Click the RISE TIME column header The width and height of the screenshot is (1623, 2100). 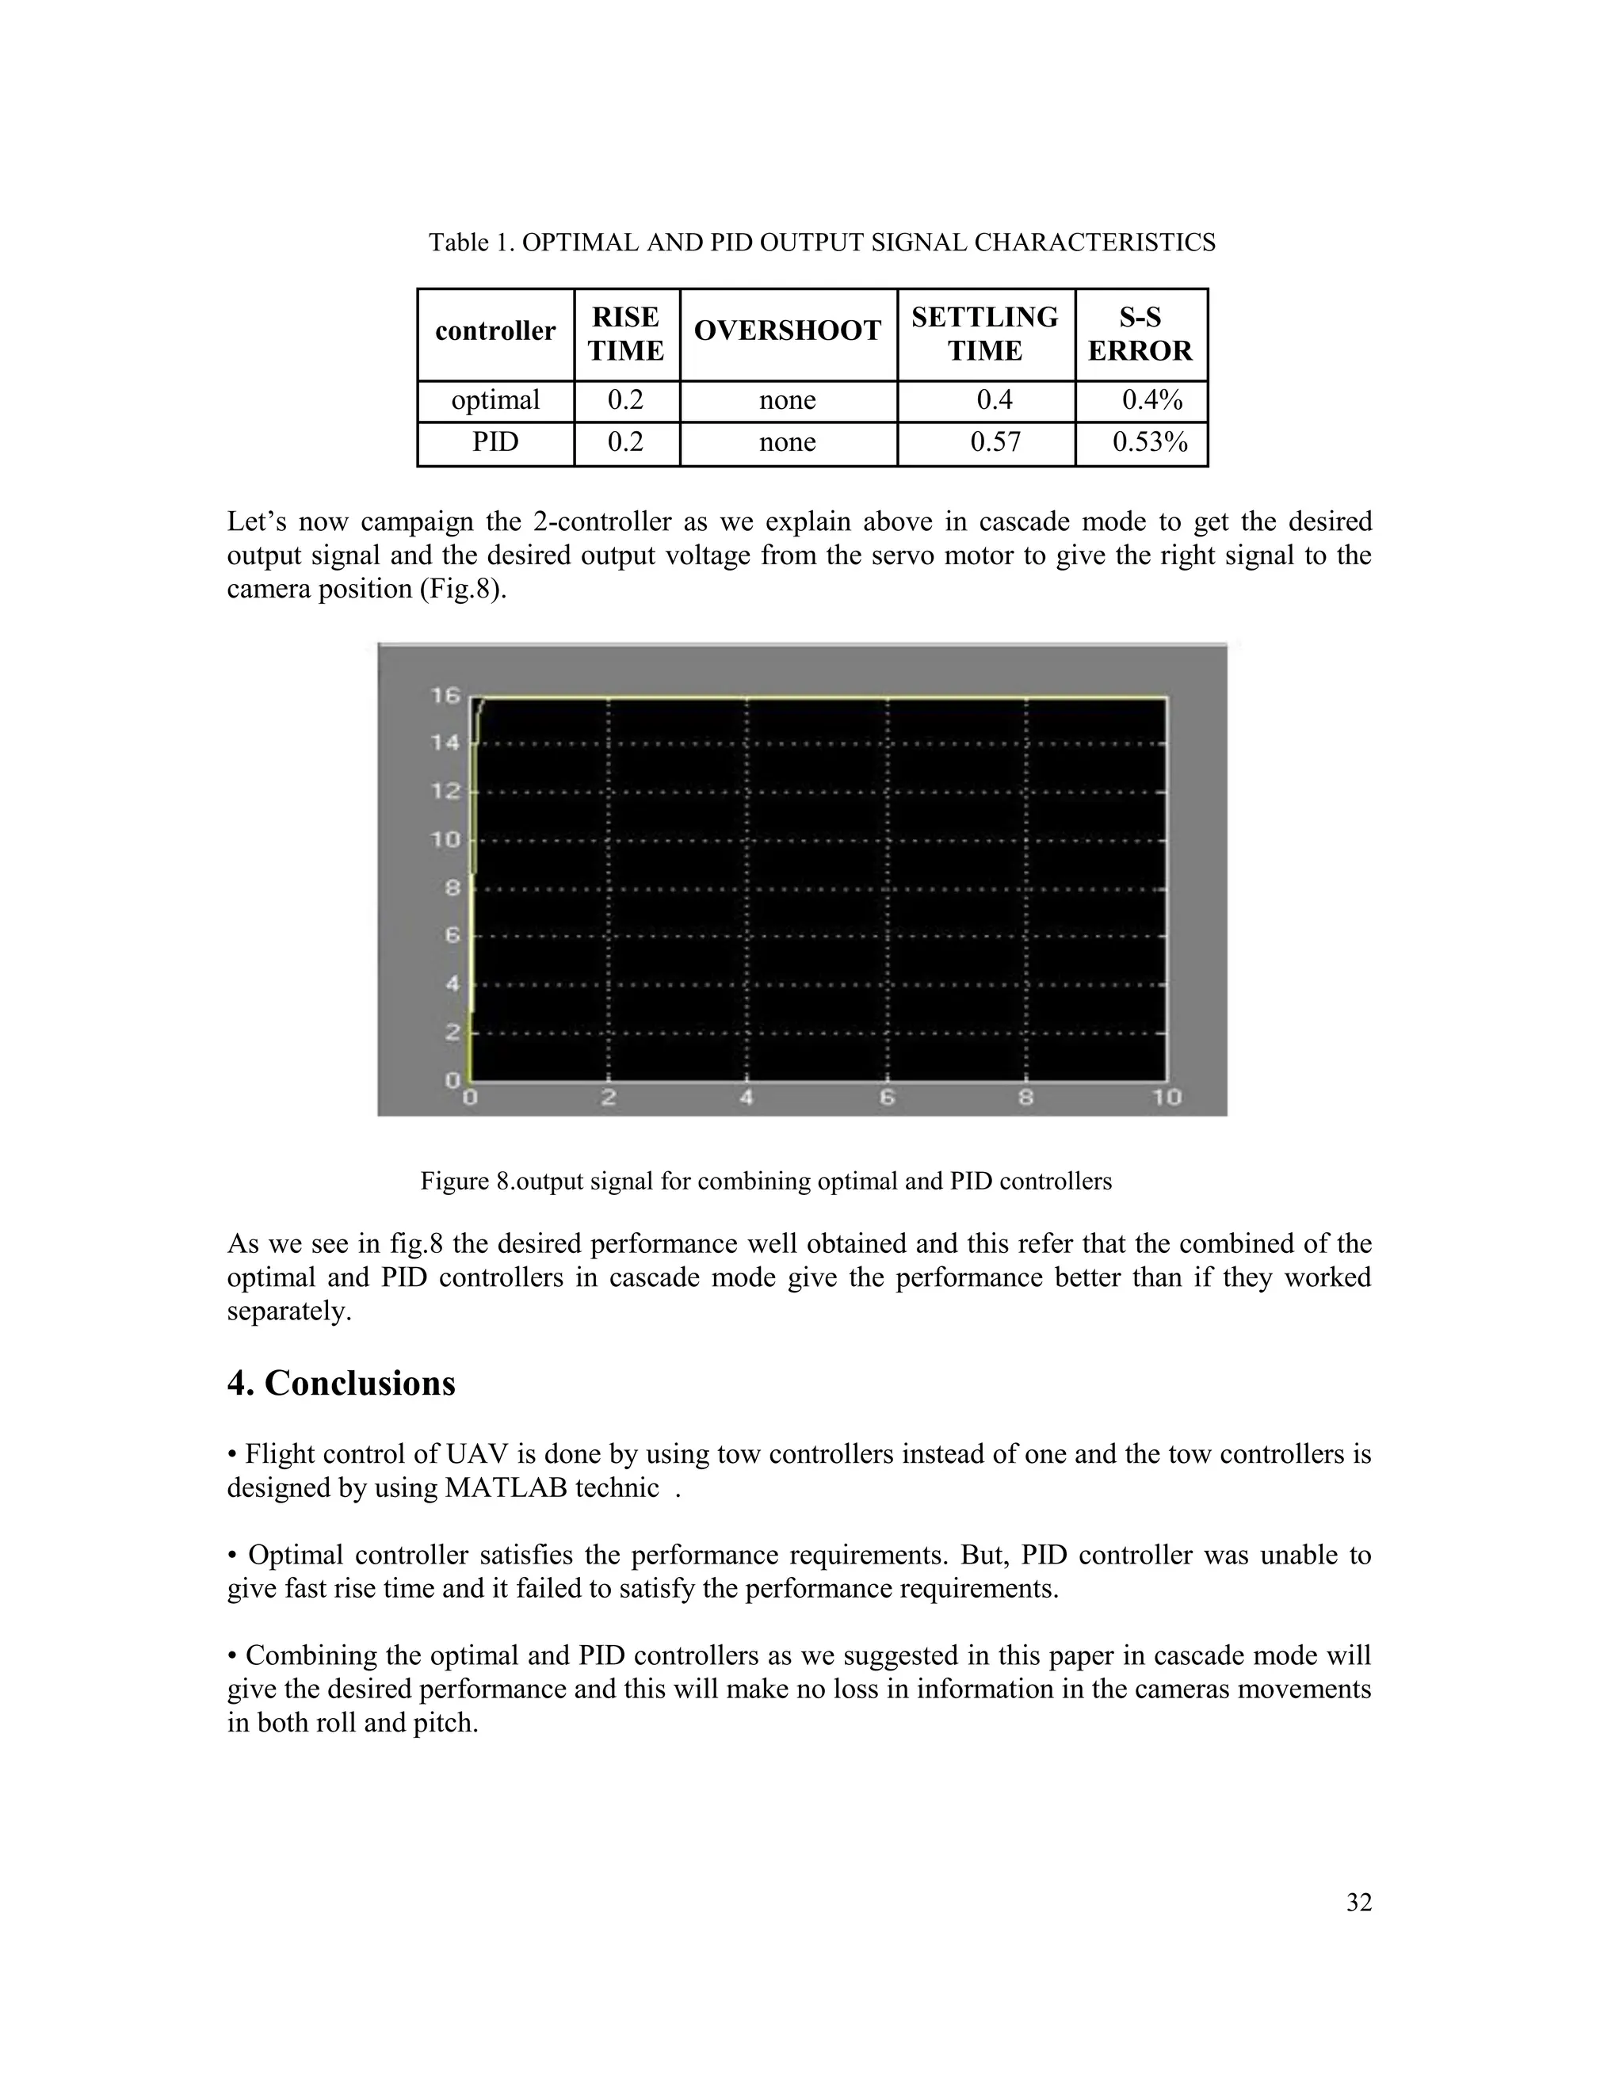pyautogui.click(x=626, y=334)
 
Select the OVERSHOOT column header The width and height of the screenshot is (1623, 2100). pyautogui.click(x=788, y=330)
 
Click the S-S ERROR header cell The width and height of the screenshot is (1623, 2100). pyautogui.click(x=1140, y=334)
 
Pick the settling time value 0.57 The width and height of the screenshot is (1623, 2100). pyautogui.click(x=995, y=442)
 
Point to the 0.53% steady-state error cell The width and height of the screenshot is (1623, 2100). pyautogui.click(x=1150, y=442)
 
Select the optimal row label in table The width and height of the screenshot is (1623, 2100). pyautogui.click(x=495, y=400)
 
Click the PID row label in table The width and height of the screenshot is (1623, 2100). pyautogui.click(x=495, y=442)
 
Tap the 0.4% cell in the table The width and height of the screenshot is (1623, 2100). pyautogui.click(x=1151, y=400)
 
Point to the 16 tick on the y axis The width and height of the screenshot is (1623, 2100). pyautogui.click(x=446, y=695)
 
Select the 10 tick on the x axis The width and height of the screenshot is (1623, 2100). pyautogui.click(x=1165, y=1097)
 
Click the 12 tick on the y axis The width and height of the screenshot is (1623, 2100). pyautogui.click(x=446, y=792)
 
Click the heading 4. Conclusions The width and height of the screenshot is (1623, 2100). pyautogui.click(x=342, y=1383)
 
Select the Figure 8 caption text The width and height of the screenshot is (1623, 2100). pyautogui.click(x=766, y=1182)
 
